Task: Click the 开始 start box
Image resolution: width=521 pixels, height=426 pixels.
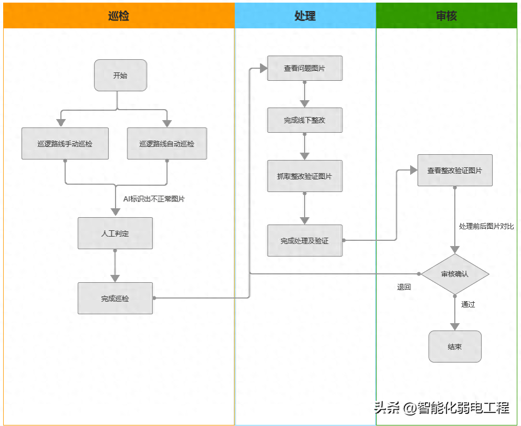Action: point(120,75)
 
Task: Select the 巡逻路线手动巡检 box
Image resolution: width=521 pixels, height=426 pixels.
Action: point(65,143)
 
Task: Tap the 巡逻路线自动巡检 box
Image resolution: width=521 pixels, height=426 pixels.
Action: point(167,143)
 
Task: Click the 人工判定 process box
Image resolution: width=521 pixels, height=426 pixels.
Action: point(115,233)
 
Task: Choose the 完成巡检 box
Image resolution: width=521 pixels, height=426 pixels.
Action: point(115,298)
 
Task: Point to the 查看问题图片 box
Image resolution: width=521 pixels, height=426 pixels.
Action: point(305,68)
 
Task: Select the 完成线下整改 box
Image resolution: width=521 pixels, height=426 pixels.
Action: point(305,120)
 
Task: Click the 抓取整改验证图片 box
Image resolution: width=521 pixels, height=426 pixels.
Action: point(305,176)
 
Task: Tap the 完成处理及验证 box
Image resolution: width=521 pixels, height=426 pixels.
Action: point(305,240)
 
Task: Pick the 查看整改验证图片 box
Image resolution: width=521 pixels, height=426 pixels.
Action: point(455,170)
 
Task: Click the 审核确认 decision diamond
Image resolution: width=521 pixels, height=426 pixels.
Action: point(455,274)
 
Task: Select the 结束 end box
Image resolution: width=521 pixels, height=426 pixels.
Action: point(455,346)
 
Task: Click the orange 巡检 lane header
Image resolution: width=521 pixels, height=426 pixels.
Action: point(119,16)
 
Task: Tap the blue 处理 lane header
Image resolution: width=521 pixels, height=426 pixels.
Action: point(305,16)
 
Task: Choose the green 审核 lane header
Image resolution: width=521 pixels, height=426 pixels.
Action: point(446,16)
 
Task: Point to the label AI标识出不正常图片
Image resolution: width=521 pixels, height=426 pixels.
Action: point(154,199)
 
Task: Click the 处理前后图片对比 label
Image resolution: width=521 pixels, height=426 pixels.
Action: point(486,226)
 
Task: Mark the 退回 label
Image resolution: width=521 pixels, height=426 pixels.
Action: point(404,287)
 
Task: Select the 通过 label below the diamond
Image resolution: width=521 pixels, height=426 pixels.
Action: point(468,304)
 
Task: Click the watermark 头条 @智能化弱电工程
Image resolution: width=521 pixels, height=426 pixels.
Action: point(442,408)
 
